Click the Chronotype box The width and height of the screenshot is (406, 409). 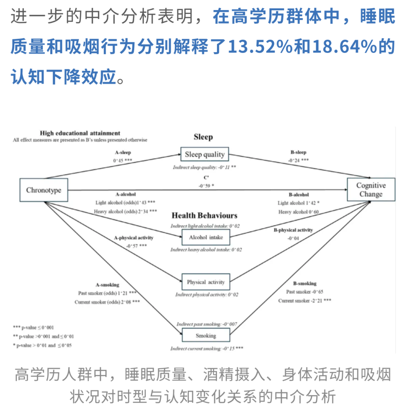click(x=44, y=190)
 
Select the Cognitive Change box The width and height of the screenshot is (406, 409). click(x=371, y=190)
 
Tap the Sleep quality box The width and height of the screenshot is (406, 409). click(x=204, y=154)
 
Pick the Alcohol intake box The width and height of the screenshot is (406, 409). click(x=206, y=238)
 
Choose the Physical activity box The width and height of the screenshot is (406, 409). click(x=206, y=282)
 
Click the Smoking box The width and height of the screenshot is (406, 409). click(x=206, y=335)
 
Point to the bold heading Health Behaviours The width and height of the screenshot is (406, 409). click(x=205, y=216)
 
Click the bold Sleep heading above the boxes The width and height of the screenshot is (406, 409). click(x=203, y=137)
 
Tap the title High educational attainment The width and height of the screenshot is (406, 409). click(x=80, y=133)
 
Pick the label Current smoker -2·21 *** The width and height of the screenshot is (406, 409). click(x=304, y=301)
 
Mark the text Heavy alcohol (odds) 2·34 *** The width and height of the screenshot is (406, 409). click(x=125, y=211)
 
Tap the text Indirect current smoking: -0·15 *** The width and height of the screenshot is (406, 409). click(x=206, y=349)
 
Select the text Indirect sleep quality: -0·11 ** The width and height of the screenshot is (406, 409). click(x=205, y=167)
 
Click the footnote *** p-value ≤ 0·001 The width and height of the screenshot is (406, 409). click(x=33, y=328)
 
